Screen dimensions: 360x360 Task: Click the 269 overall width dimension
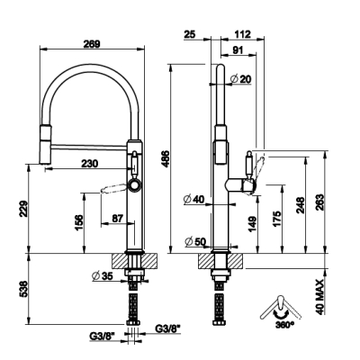pyautogui.click(x=92, y=44)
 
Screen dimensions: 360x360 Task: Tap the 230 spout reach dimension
pyautogui.click(x=89, y=164)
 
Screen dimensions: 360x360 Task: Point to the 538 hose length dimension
pyautogui.click(x=23, y=289)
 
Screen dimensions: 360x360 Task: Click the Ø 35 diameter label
pyautogui.click(x=103, y=275)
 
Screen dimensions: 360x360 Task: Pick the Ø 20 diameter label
pyautogui.click(x=240, y=79)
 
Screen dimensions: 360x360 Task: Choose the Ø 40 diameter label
pyautogui.click(x=193, y=199)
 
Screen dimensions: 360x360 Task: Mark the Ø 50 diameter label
pyautogui.click(x=194, y=241)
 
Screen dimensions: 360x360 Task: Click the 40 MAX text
pyautogui.click(x=320, y=297)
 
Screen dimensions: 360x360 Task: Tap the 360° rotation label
pyautogui.click(x=283, y=325)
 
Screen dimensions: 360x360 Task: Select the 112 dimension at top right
pyautogui.click(x=242, y=34)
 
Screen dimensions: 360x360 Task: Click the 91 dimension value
pyautogui.click(x=238, y=50)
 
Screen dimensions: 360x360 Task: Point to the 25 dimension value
pyautogui.click(x=189, y=34)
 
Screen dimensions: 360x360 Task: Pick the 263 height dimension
pyautogui.click(x=320, y=202)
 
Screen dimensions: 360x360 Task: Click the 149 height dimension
pyautogui.click(x=253, y=224)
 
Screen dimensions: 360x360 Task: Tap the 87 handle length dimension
pyautogui.click(x=117, y=219)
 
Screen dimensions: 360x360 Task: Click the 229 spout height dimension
pyautogui.click(x=23, y=209)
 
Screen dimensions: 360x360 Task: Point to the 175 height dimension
pyautogui.click(x=277, y=219)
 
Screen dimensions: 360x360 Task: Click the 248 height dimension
pyautogui.click(x=301, y=205)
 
